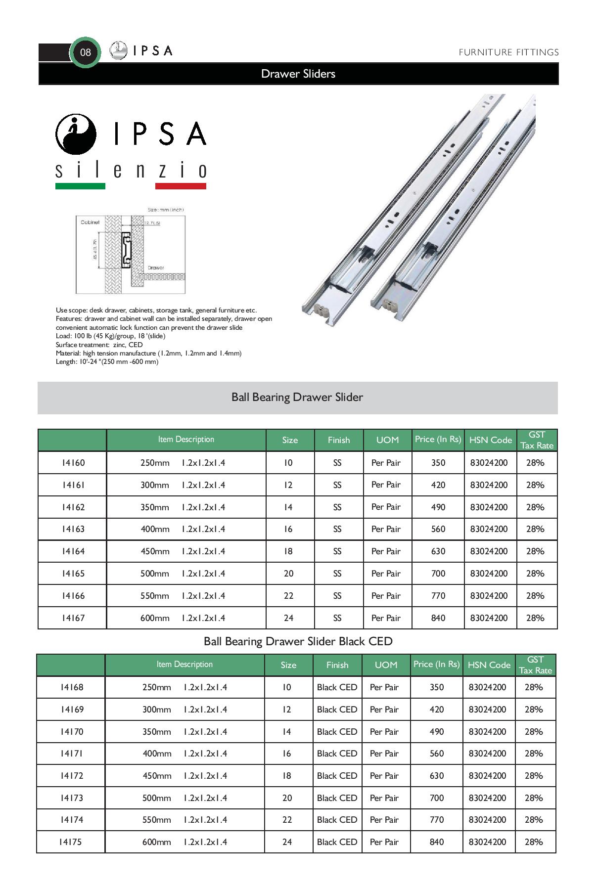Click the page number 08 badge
coord(85,52)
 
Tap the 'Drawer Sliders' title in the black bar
coord(298,74)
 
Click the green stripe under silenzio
coord(80,186)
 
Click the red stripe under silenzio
coord(181,186)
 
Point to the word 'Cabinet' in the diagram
coord(90,222)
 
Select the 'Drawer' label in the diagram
coord(156,268)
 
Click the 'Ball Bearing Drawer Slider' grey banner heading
coord(297,398)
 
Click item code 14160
coord(73,463)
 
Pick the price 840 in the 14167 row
coord(438,618)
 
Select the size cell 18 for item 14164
coord(288,551)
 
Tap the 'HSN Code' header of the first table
coord(490,440)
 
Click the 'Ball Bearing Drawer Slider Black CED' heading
coord(298,642)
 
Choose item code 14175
coord(71,842)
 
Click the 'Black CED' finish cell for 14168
coord(337,687)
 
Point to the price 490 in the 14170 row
coord(436,732)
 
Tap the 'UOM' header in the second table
coord(386,665)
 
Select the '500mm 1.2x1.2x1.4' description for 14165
coord(183,574)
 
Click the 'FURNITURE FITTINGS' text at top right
coord(508,52)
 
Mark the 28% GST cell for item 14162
coord(535,507)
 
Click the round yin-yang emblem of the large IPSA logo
coord(76,134)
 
